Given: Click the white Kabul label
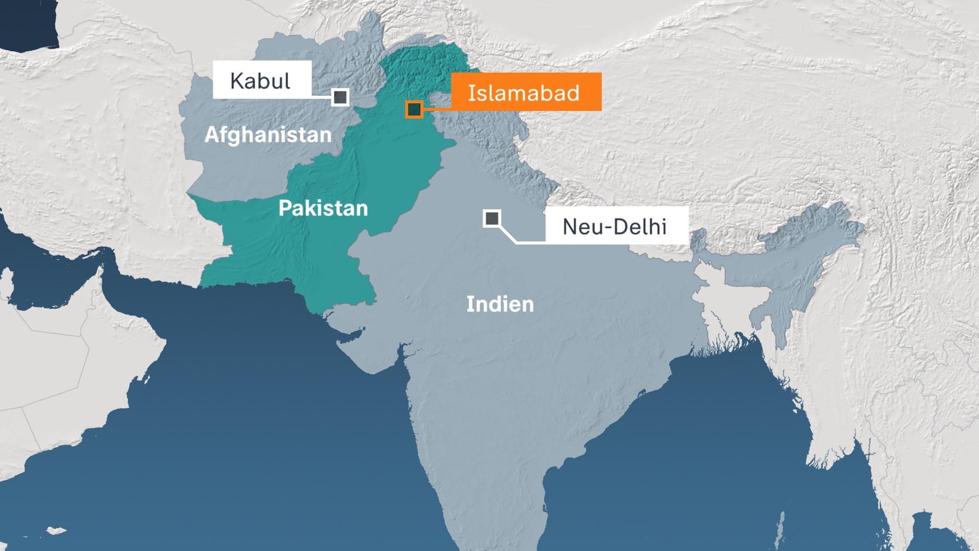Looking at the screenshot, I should point(262,80).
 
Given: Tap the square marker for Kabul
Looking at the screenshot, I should point(340,97).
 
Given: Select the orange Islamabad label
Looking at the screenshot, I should point(526,92).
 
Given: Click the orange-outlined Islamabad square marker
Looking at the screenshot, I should point(414,109).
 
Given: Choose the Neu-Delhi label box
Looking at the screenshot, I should point(616,226).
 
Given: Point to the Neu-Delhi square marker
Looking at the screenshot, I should point(492,218).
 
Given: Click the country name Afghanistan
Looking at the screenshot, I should point(268,135).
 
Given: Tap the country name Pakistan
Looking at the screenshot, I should point(323,208).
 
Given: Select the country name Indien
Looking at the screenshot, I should point(500,304).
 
